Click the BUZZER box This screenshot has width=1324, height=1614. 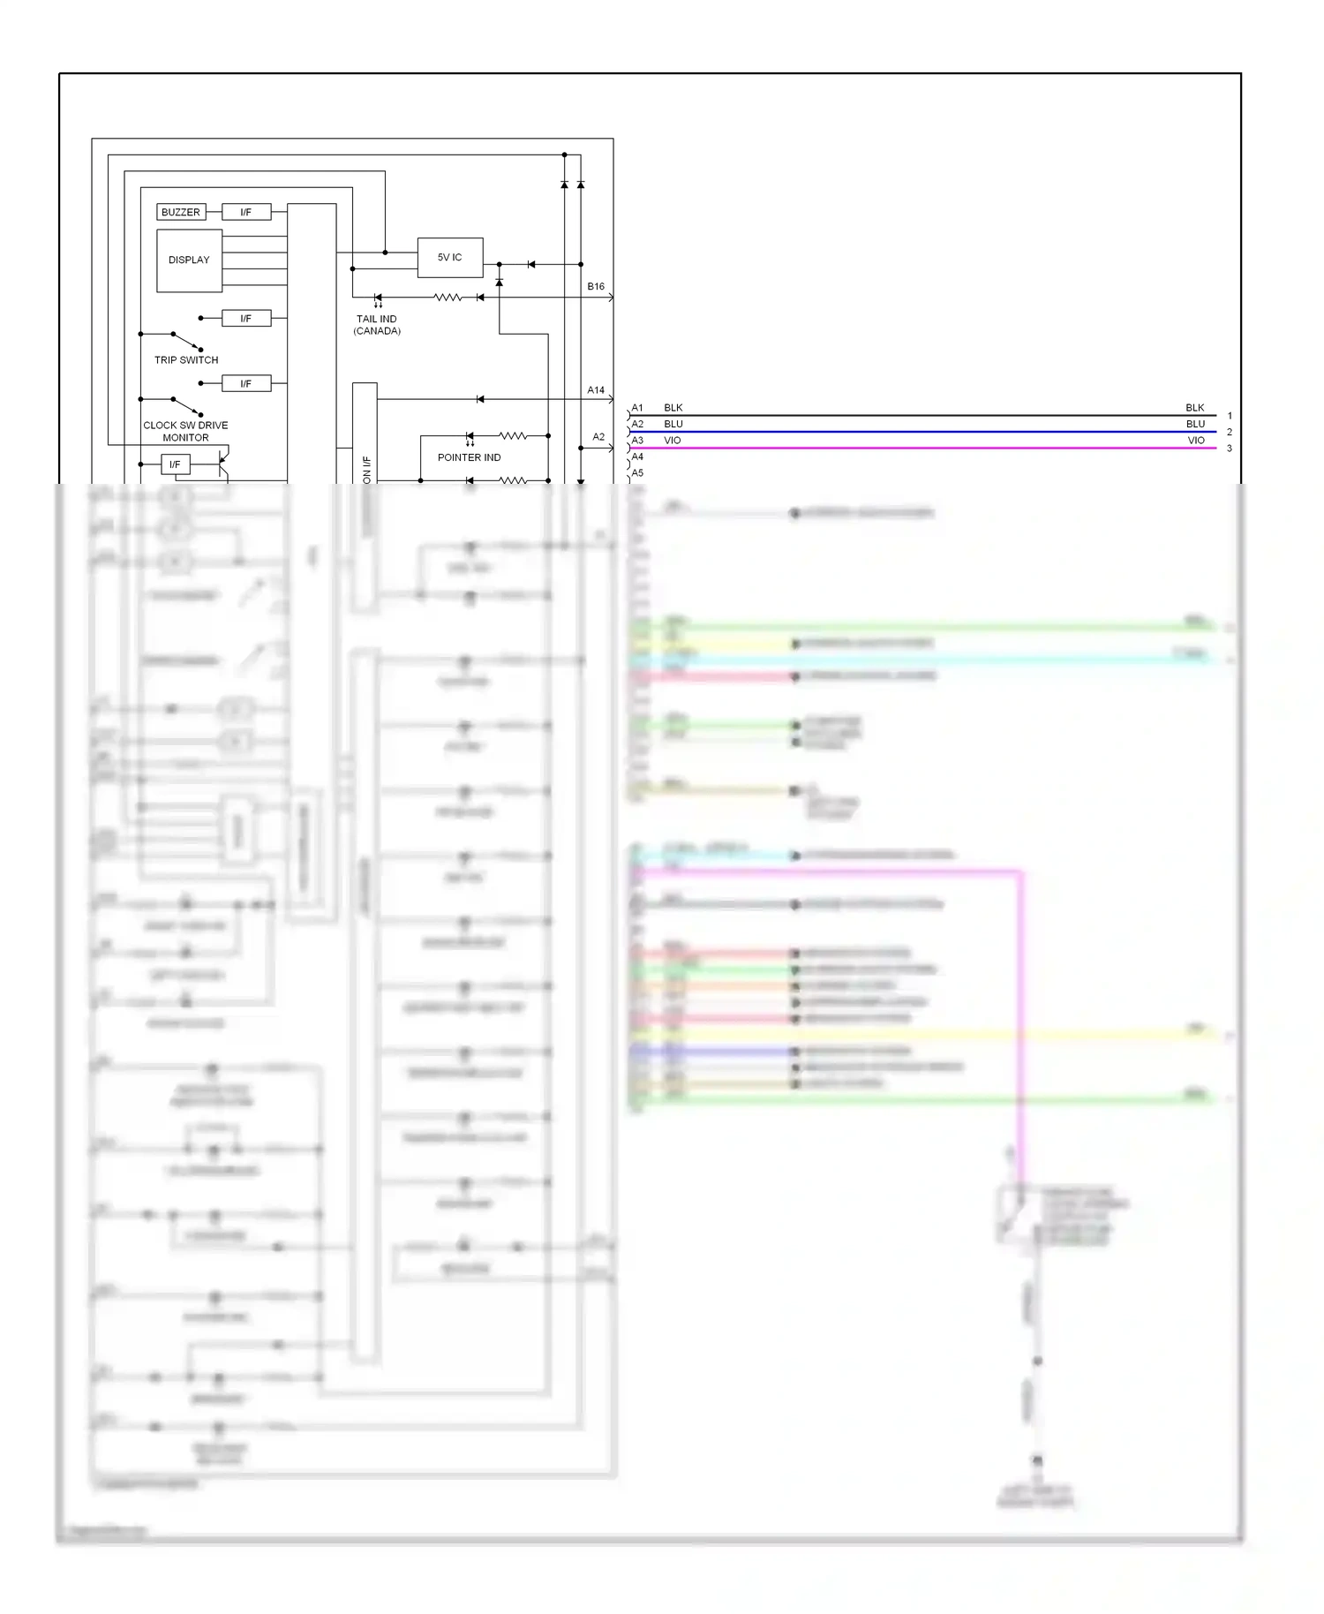181,212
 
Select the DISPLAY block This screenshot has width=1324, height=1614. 189,260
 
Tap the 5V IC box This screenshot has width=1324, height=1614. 449,258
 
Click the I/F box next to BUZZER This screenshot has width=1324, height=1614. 245,212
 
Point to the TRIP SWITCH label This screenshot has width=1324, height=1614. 186,360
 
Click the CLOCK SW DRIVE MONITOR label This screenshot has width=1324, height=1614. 185,431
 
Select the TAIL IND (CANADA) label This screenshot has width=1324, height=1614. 377,325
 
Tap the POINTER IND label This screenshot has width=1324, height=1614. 469,457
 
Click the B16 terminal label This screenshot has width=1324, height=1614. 596,287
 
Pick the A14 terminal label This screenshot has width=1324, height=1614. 596,390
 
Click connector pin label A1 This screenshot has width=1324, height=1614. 637,408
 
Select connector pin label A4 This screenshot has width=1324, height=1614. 637,456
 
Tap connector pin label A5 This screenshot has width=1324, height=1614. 637,472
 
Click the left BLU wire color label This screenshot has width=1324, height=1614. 673,424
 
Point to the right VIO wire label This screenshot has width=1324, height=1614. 1196,441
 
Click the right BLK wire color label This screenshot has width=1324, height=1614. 1195,408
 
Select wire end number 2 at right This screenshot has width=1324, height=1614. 1230,433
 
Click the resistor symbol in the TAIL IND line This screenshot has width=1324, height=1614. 448,298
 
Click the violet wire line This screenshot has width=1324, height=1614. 927,449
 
